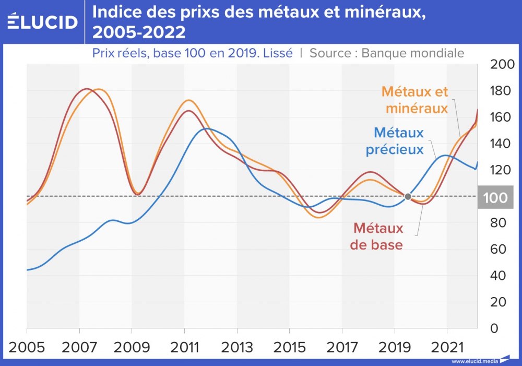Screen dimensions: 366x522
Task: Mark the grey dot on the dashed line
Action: point(408,197)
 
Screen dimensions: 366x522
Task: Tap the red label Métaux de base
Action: point(377,236)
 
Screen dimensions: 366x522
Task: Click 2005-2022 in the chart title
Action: point(139,32)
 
